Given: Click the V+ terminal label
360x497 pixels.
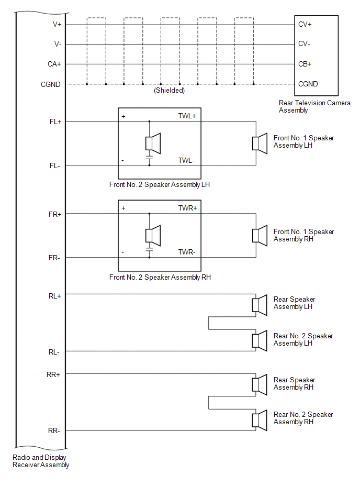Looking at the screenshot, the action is pos(57,25).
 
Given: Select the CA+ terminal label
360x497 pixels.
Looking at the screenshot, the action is pos(54,64).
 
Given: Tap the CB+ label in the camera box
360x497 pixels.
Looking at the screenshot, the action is pos(305,64).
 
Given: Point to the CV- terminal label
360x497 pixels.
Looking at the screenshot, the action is pos(304,44).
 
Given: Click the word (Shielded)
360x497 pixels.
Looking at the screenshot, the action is pos(170,90).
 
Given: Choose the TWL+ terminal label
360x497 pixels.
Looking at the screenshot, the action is pos(187,116).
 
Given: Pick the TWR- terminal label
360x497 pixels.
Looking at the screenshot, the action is pos(187,252).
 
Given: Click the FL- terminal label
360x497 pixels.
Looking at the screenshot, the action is pos(54,166).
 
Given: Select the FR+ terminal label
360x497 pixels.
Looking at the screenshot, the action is pos(55,214).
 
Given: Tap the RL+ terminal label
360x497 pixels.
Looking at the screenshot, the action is pos(54,296).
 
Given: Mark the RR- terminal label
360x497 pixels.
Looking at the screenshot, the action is pos(54,431).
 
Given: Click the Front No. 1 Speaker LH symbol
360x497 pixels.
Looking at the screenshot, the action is pos(260,143).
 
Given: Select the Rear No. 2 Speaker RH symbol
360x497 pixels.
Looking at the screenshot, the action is pos(260,421).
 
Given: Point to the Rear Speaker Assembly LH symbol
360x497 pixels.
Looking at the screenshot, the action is pos(260,305).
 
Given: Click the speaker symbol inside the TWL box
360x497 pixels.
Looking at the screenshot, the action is pos(153,143).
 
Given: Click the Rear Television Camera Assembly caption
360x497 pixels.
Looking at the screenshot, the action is pos(314,106).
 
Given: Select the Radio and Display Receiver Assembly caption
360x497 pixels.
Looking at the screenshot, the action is pos(41,461).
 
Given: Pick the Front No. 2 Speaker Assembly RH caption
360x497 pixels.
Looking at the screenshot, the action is pos(160,278).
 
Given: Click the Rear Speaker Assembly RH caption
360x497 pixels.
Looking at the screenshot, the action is pos(294,383).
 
